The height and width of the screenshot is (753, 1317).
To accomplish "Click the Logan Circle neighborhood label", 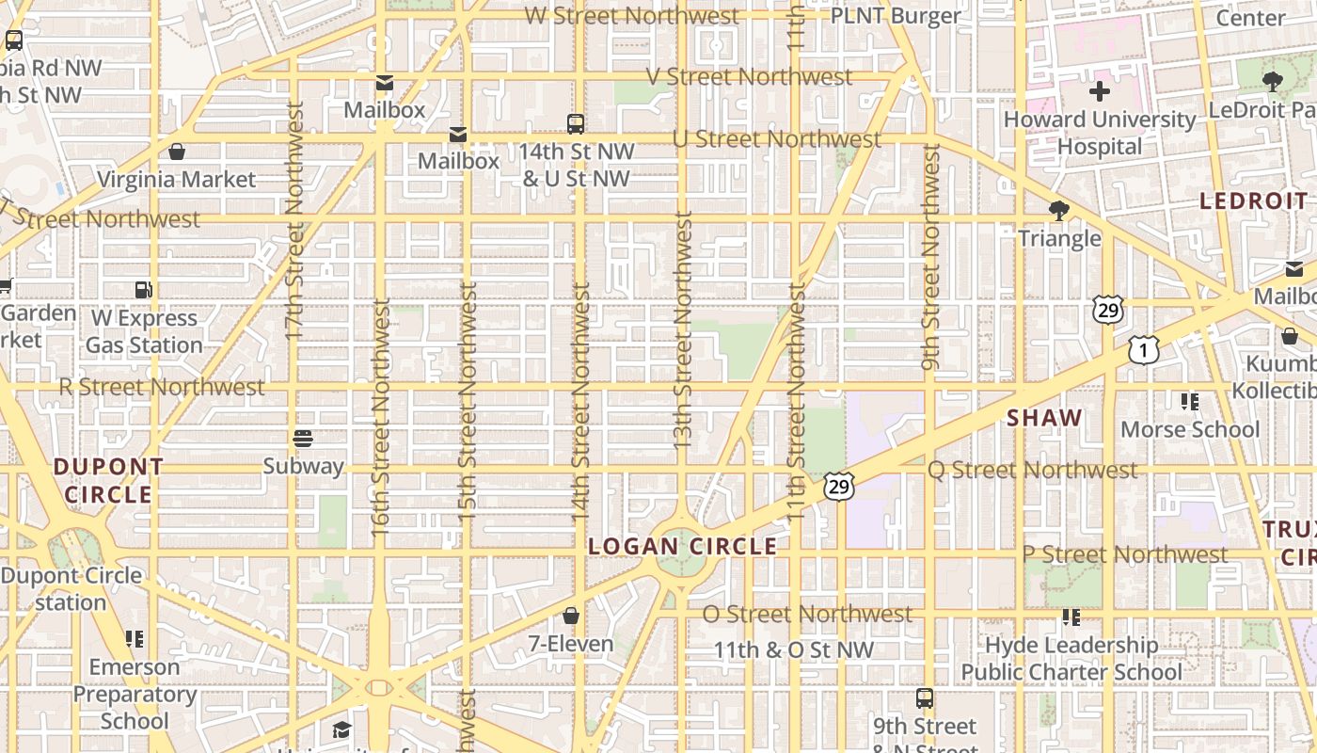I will [683, 546].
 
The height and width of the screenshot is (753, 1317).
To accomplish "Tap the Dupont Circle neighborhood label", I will [108, 480].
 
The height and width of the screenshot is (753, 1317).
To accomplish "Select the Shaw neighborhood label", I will [1044, 418].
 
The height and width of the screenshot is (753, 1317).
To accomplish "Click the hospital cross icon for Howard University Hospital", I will [1099, 92].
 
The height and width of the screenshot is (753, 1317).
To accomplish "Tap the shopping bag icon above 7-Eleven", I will [570, 617].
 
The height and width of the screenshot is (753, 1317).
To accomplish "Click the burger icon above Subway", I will [302, 438].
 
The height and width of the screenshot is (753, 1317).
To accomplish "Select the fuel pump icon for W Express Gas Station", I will [143, 291].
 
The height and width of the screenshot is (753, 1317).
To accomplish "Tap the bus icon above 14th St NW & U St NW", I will [575, 123].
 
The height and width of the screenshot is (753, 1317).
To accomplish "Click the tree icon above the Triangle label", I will [1058, 211].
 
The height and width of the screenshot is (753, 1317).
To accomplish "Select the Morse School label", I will [1190, 429].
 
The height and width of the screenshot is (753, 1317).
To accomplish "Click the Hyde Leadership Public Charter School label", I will [1071, 658].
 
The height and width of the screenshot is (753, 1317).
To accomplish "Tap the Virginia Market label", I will [176, 179].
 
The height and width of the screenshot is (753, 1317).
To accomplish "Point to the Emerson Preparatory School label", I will [134, 694].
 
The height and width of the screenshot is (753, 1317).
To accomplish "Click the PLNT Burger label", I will [896, 16].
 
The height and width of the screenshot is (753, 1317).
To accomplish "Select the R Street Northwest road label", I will [162, 387].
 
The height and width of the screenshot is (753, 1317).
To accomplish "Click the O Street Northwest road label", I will [807, 614].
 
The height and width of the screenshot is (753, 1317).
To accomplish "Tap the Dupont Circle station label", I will [71, 588].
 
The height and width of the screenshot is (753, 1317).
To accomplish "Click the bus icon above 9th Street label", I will [925, 698].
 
